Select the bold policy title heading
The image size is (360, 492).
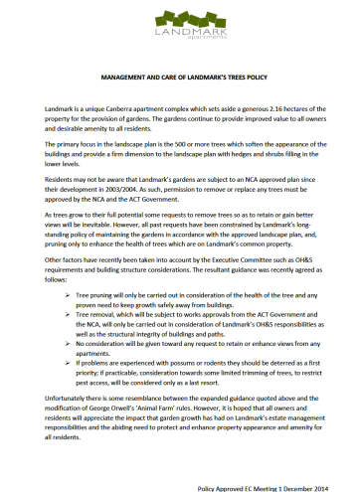pyautogui.click(x=180, y=76)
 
